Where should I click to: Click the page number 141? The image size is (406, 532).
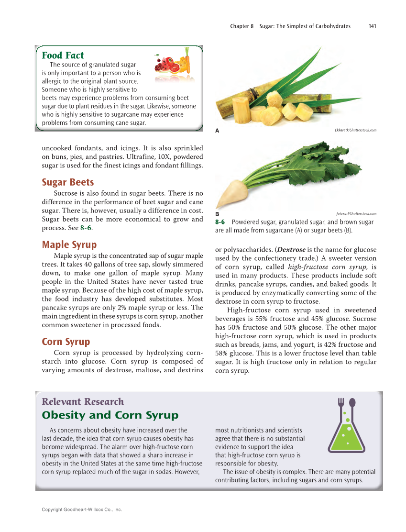(372, 26)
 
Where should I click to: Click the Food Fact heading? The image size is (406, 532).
(63, 55)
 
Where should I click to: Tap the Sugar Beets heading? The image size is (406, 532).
(68, 182)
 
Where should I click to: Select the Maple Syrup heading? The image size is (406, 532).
(69, 245)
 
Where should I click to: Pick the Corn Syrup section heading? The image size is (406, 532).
(66, 342)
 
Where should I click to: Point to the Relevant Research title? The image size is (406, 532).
(83, 402)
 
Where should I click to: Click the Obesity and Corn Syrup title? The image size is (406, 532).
(110, 415)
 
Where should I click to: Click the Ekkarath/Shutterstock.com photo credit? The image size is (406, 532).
(353, 130)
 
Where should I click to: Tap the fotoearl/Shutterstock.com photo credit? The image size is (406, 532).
(356, 213)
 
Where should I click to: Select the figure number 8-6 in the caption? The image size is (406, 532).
(220, 222)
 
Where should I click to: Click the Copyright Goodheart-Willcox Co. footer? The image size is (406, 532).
(82, 510)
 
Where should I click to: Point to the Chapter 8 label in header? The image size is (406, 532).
(242, 26)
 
